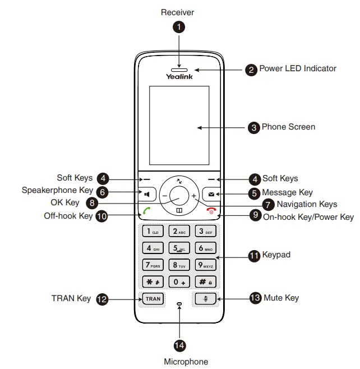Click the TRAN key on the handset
point(153,299)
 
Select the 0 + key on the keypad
point(179,282)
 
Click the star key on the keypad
point(153,282)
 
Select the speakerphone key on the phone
point(146,195)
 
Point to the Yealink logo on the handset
point(179,76)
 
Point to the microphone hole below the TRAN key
point(179,304)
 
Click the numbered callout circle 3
point(254,128)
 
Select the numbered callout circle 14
point(179,345)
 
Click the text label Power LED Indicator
point(297,68)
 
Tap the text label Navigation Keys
point(307,204)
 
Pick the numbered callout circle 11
point(254,256)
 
